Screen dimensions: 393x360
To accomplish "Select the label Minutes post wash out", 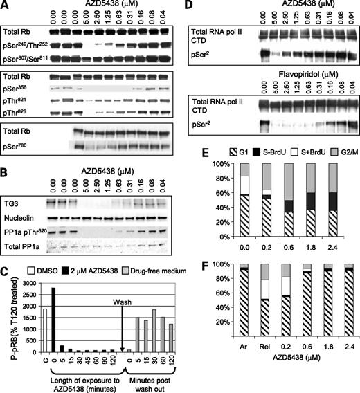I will pos(153,375).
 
